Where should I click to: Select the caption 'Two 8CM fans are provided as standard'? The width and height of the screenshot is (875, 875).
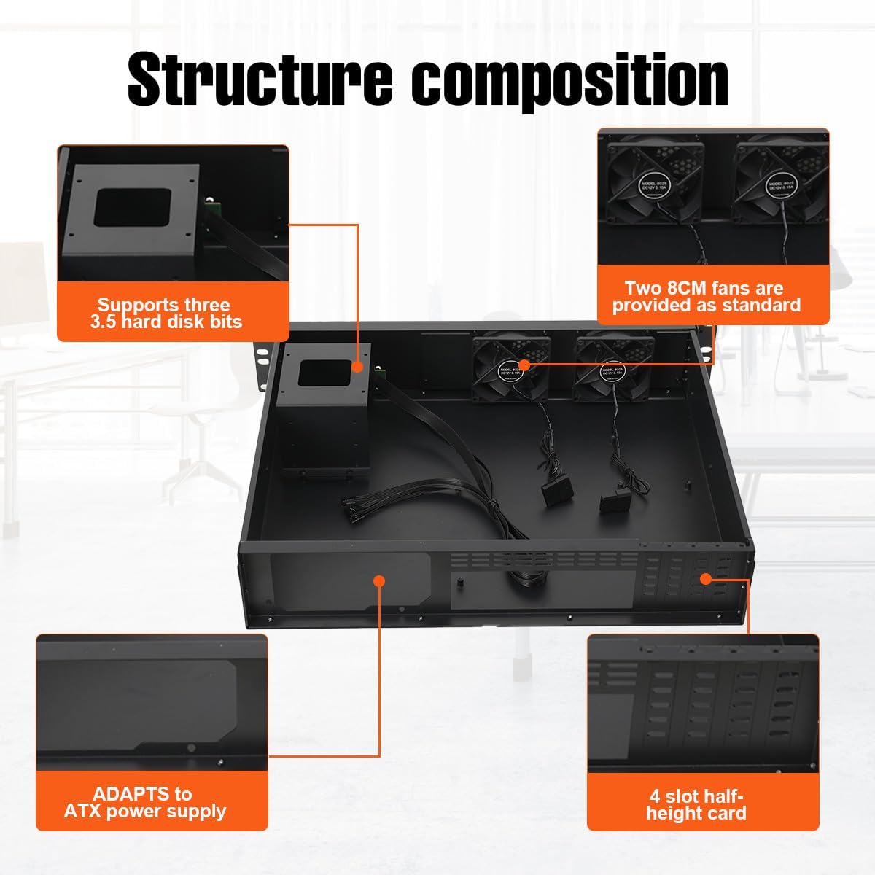(706, 297)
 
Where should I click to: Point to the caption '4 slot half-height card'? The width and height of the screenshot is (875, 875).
(696, 805)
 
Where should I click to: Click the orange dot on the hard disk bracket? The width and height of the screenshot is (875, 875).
(357, 367)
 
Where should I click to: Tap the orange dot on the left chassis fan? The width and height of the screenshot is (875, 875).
(524, 363)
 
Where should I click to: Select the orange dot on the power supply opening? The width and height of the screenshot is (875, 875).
(378, 580)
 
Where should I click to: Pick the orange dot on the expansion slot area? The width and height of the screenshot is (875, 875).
(705, 578)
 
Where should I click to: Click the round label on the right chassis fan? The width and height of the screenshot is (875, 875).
(608, 371)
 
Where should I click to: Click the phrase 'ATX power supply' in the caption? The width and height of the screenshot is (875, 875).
(145, 812)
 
